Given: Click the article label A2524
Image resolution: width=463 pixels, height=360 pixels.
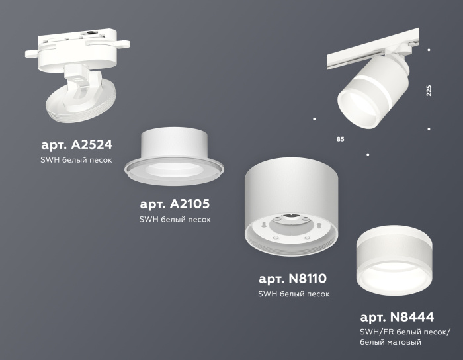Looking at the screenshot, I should pos(77,144).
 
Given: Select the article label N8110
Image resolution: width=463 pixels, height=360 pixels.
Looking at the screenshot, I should pos(293,278).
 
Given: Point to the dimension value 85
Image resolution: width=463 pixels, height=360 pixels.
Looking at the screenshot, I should pos(340,140).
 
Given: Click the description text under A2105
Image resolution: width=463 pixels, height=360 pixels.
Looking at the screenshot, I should pos(175,220).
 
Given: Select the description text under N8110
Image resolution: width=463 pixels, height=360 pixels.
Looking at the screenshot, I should pos(293,294).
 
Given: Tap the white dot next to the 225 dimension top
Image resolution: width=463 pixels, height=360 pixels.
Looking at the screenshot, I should pos(429,50).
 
